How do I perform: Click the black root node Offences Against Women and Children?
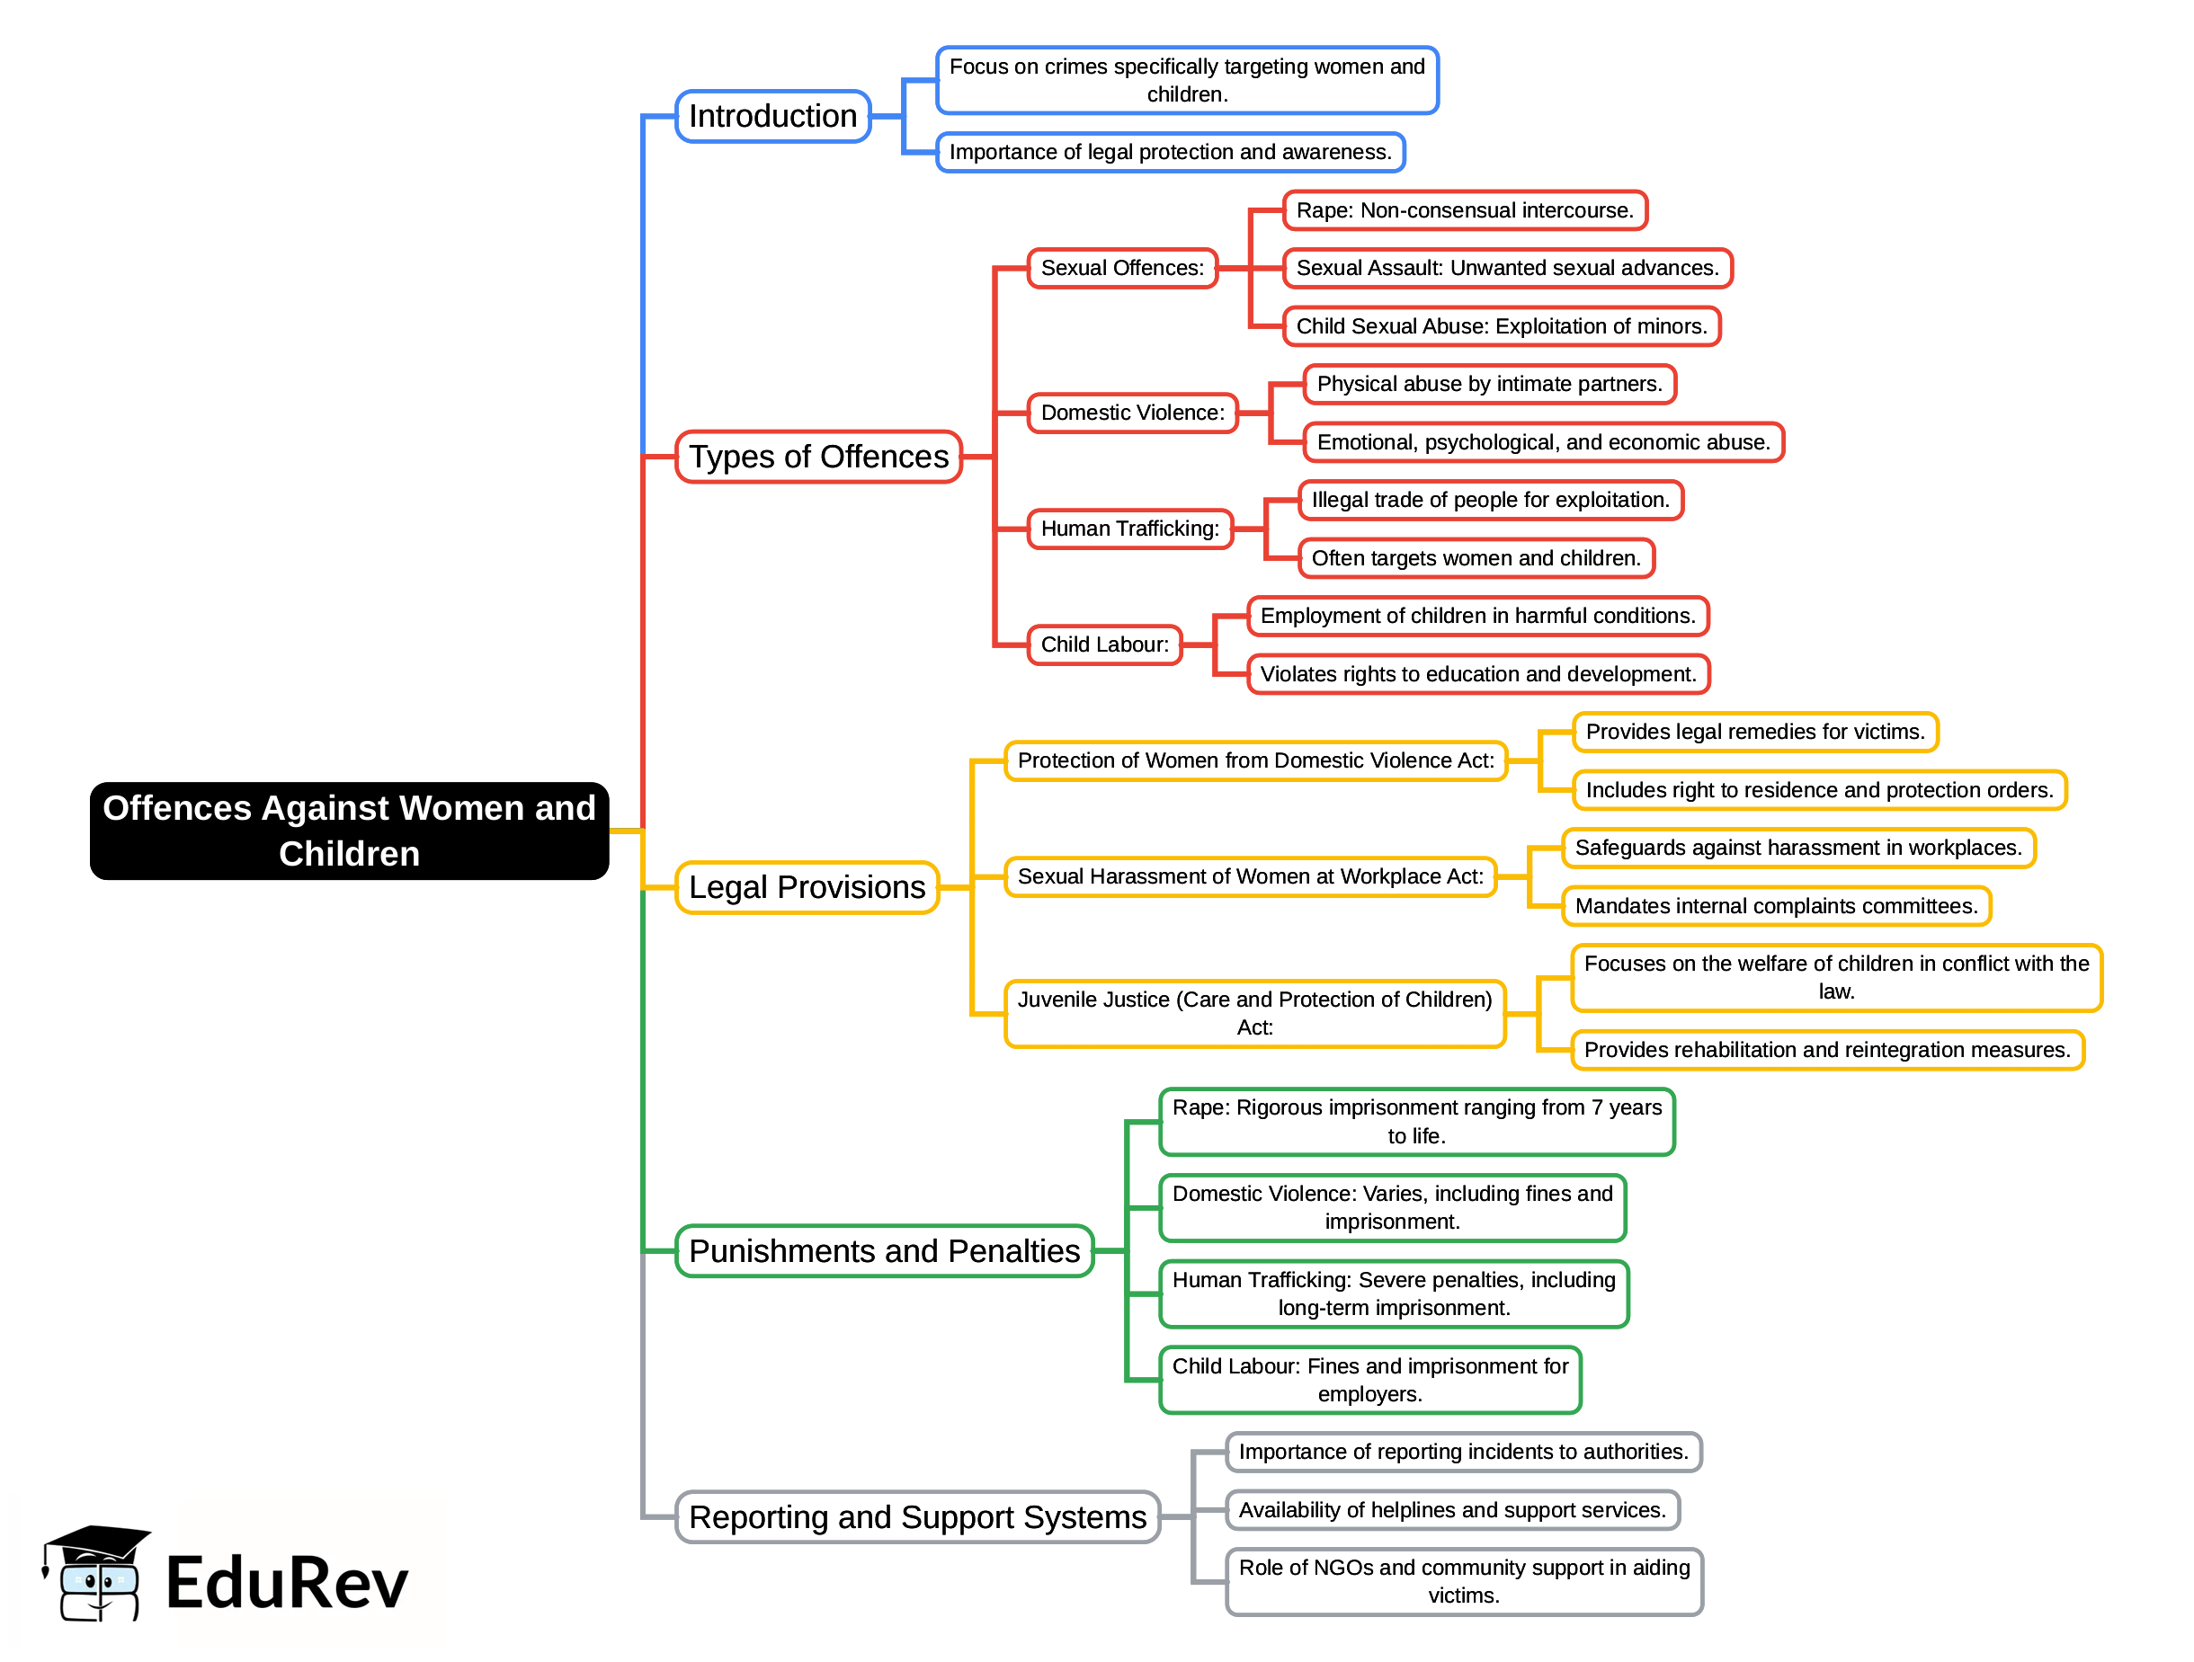tap(349, 831)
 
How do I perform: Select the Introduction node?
tap(772, 116)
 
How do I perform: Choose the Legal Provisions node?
tap(807, 886)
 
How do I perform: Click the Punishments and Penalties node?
tap(884, 1251)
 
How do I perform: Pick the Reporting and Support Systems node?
tap(917, 1517)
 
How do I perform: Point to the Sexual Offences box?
tap(1122, 268)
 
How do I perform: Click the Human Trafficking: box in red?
tap(1129, 529)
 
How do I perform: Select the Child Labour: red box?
tap(1105, 644)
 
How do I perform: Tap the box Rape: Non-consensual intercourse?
tap(1464, 210)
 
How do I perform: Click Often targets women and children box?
tap(1476, 558)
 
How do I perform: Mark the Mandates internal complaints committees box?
tap(1776, 906)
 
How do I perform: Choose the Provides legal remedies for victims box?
tap(1754, 732)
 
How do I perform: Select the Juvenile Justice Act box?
tap(1254, 1013)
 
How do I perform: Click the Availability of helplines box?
tap(1452, 1510)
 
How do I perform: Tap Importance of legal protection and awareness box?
tap(1171, 152)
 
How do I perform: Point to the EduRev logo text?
tap(287, 1584)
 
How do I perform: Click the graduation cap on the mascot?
tap(97, 1543)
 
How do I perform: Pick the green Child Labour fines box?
tap(1369, 1381)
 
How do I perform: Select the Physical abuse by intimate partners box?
tap(1489, 384)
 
